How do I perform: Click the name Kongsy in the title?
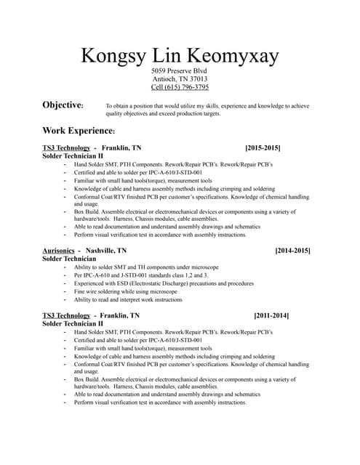click(x=113, y=56)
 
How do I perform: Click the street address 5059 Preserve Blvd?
click(x=180, y=70)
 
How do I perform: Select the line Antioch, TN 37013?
click(x=180, y=79)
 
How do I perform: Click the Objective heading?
click(x=63, y=105)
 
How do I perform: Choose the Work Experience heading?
click(x=78, y=131)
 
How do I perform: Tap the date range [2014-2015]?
click(x=292, y=251)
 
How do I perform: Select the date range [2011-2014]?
click(x=271, y=316)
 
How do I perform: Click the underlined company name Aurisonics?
click(x=58, y=251)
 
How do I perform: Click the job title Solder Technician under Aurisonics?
click(x=69, y=259)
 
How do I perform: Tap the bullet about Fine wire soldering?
click(x=125, y=291)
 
